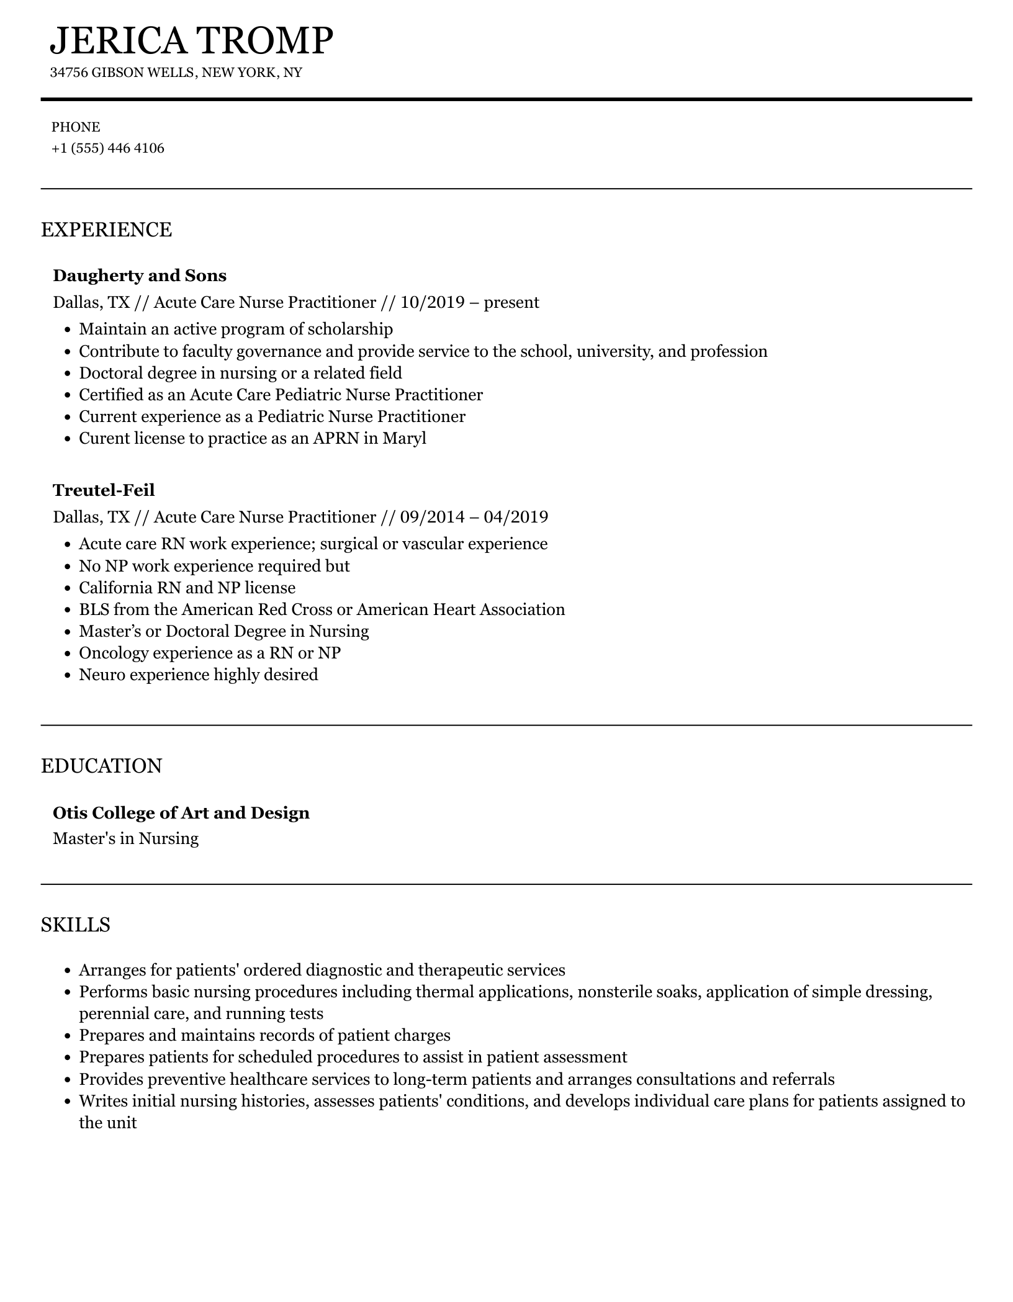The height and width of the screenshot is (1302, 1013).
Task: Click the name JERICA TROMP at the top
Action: tap(191, 41)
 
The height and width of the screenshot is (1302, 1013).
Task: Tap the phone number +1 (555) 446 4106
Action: tap(108, 148)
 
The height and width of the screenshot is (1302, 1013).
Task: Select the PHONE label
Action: tap(76, 127)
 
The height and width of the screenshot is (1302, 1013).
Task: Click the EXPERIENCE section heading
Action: tap(106, 230)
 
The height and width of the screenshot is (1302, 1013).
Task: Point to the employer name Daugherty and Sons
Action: tap(140, 276)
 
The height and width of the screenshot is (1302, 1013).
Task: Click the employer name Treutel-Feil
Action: tap(104, 490)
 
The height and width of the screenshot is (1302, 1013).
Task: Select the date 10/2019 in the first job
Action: tap(433, 302)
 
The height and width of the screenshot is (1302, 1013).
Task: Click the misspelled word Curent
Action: tap(99, 438)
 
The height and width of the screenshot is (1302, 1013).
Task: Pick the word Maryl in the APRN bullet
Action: tap(404, 438)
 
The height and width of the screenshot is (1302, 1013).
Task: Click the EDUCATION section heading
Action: tap(101, 766)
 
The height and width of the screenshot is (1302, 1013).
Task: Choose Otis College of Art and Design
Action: tap(181, 813)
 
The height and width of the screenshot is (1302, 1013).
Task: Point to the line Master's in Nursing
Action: tap(126, 838)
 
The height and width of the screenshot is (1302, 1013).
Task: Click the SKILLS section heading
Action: tap(76, 925)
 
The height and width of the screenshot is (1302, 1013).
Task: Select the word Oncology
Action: tap(114, 653)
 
